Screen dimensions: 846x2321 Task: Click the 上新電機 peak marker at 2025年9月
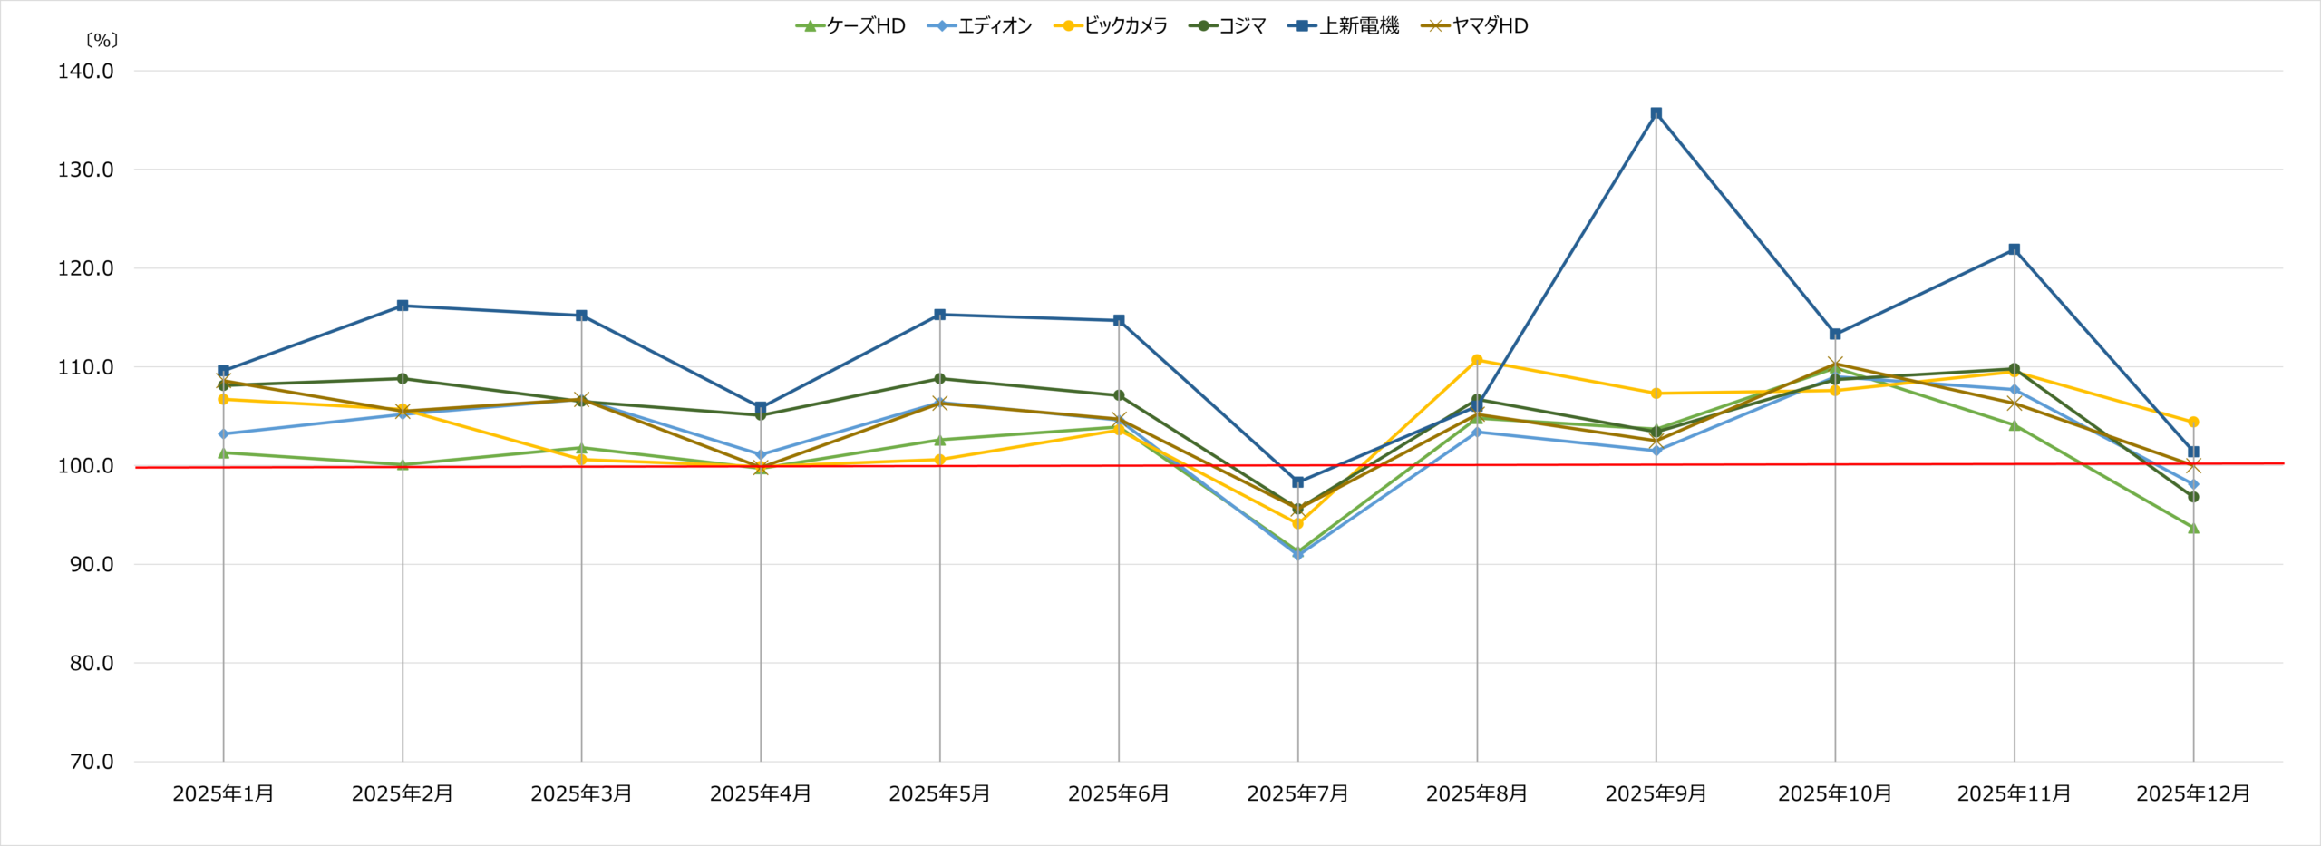click(x=1656, y=113)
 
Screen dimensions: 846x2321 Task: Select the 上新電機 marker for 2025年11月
click(x=2014, y=249)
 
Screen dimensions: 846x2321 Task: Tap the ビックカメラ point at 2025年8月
click(x=1477, y=360)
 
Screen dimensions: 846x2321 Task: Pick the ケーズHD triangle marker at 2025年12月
click(x=2193, y=528)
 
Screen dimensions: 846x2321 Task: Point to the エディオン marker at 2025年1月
click(x=223, y=433)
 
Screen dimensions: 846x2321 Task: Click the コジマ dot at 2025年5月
click(x=939, y=378)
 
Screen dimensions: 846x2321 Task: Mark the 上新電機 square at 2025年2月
click(x=403, y=306)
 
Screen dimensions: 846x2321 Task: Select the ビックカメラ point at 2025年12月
click(x=2193, y=422)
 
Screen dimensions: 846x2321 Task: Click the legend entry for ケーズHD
click(x=850, y=26)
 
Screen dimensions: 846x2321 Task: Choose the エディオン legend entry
click(x=979, y=26)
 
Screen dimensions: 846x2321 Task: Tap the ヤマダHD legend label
click(x=1475, y=26)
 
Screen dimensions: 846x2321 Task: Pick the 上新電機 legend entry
click(x=1344, y=26)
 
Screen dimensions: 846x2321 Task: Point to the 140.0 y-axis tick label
click(x=86, y=72)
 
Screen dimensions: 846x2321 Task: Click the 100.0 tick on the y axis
click(x=86, y=466)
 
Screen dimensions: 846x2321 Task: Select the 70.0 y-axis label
click(x=92, y=762)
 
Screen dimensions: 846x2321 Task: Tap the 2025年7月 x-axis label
click(x=1297, y=794)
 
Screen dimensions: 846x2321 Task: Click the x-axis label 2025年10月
click(x=1835, y=794)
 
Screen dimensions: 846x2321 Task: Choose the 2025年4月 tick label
click(x=760, y=794)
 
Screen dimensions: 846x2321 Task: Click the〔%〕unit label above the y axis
click(x=102, y=41)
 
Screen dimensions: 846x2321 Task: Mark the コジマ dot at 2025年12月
click(x=2193, y=497)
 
